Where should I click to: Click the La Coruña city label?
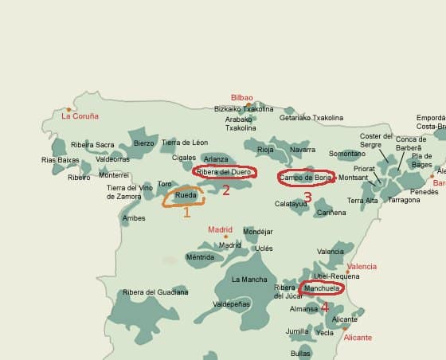[80, 115]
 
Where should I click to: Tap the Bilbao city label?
[241, 97]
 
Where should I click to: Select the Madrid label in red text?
[220, 229]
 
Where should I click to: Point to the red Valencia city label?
[362, 267]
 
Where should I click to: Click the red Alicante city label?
[358, 338]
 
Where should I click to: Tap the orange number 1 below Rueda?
[186, 212]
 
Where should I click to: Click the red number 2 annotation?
[225, 190]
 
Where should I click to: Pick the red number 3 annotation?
[307, 197]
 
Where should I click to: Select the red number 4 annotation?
[324, 307]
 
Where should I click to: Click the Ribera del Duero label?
[224, 171]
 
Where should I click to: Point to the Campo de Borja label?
[305, 177]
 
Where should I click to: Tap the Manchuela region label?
[322, 288]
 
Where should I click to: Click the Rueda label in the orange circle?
[185, 195]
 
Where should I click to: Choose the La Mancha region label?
[249, 280]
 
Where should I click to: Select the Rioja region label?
[265, 150]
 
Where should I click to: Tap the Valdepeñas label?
[232, 304]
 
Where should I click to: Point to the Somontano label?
[346, 154]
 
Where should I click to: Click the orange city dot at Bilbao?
[249, 104]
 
